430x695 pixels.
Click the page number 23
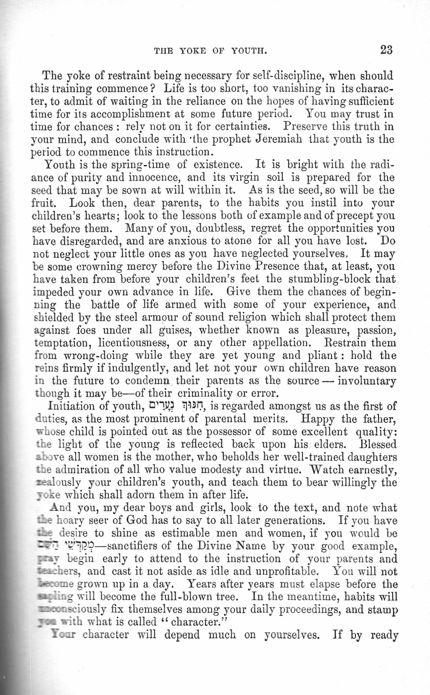(x=385, y=50)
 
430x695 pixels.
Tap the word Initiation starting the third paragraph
(x=71, y=406)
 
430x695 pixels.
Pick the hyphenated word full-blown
(x=213, y=597)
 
